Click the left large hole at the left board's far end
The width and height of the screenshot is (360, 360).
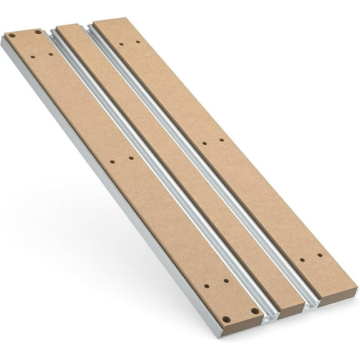(11, 36)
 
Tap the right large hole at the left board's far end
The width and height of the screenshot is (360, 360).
(38, 31)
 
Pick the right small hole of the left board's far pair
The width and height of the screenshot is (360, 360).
(51, 54)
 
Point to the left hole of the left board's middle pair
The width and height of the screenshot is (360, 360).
(112, 162)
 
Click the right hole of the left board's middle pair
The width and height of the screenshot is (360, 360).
(131, 158)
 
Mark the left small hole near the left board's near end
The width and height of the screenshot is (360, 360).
(207, 286)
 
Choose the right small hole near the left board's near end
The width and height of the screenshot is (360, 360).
(226, 282)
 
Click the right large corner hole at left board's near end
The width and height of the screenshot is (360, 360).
(254, 310)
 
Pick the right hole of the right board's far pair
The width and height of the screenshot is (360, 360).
(138, 42)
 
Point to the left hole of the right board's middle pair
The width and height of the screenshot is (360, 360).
(204, 143)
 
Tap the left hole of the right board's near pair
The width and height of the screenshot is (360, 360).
(302, 259)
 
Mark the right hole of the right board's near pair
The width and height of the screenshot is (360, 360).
(320, 255)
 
